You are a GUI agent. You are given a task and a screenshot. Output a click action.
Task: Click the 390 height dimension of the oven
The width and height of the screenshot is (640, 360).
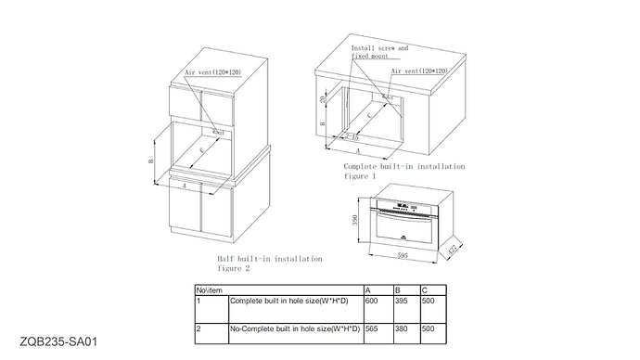click(355, 221)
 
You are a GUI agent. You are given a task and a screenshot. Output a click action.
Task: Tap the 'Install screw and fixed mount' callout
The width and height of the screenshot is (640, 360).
click(379, 51)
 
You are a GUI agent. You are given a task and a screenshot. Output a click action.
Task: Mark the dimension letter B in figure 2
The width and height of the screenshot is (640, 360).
click(149, 161)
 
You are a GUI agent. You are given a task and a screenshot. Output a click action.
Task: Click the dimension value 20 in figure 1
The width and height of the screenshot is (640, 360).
click(322, 99)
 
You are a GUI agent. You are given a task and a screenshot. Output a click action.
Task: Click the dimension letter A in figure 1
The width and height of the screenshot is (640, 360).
click(359, 148)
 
